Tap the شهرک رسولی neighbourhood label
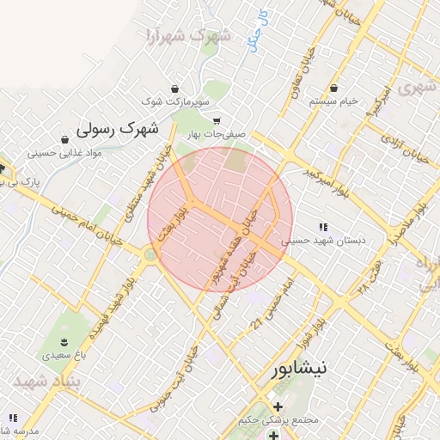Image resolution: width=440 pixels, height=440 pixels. click(x=118, y=129)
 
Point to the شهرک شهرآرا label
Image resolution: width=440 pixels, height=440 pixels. click(x=188, y=36)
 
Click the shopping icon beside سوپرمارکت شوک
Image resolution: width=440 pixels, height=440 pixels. click(x=175, y=89)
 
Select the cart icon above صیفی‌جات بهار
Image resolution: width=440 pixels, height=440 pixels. click(x=217, y=121)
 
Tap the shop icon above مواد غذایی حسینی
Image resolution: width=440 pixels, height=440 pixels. click(x=65, y=139)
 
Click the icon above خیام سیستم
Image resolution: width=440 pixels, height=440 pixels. click(x=333, y=88)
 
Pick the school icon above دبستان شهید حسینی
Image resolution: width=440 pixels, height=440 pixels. click(x=323, y=227)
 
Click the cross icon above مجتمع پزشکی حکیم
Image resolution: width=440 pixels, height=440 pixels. click(x=277, y=406)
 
